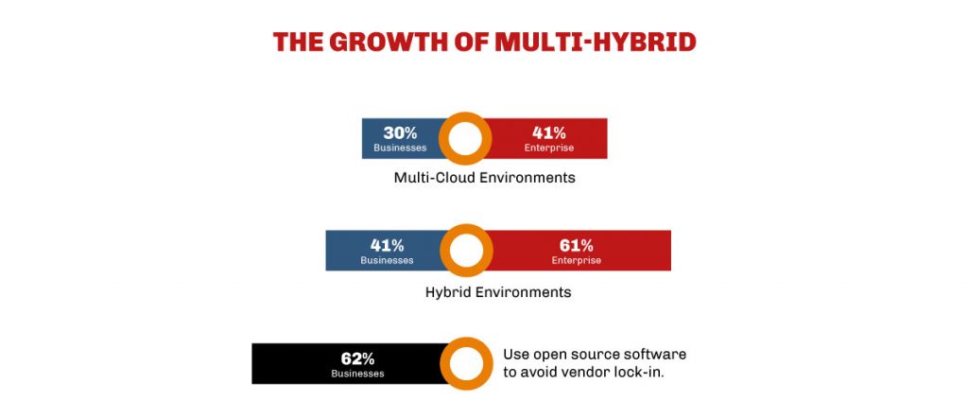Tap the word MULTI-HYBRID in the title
pyautogui.click(x=595, y=42)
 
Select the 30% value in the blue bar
pyautogui.click(x=400, y=132)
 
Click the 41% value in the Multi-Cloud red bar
pyautogui.click(x=548, y=132)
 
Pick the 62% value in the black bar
pyautogui.click(x=357, y=358)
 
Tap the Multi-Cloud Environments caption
pyautogui.click(x=484, y=177)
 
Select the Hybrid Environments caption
pyautogui.click(x=498, y=292)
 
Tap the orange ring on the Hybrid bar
pyautogui.click(x=466, y=251)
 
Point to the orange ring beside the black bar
pyautogui.click(x=466, y=364)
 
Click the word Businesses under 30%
pyautogui.click(x=400, y=148)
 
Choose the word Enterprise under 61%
pyautogui.click(x=576, y=260)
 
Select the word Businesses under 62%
pyautogui.click(x=357, y=374)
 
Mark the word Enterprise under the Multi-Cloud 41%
pyautogui.click(x=548, y=148)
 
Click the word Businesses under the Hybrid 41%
pyautogui.click(x=387, y=260)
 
